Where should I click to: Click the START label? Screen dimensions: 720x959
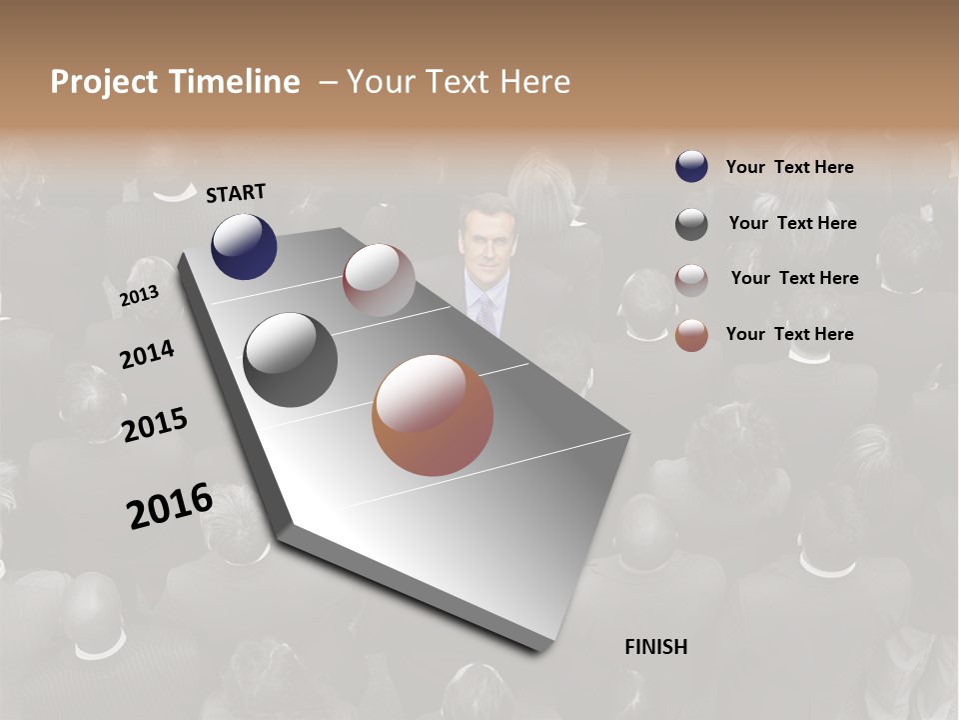tap(236, 193)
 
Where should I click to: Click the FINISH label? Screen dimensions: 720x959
tap(656, 647)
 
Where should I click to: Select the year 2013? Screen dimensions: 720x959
tap(139, 296)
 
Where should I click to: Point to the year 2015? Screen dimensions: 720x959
tap(155, 425)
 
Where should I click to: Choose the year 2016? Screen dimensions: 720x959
tap(170, 506)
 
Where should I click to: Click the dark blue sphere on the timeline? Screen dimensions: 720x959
tap(244, 246)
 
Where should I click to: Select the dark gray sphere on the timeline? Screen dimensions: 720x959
tap(290, 360)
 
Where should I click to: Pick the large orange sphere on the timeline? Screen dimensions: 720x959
tap(433, 415)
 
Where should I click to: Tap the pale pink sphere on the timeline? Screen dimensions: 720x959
tap(379, 280)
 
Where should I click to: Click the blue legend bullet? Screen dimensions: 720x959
tap(691, 167)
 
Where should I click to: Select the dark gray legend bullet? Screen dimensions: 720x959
tap(691, 224)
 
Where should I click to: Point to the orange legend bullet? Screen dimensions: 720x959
tap(691, 335)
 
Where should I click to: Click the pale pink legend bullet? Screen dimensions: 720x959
tap(691, 279)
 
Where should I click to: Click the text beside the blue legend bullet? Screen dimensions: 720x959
tap(789, 167)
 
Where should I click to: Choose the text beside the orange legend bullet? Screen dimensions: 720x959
tap(789, 334)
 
